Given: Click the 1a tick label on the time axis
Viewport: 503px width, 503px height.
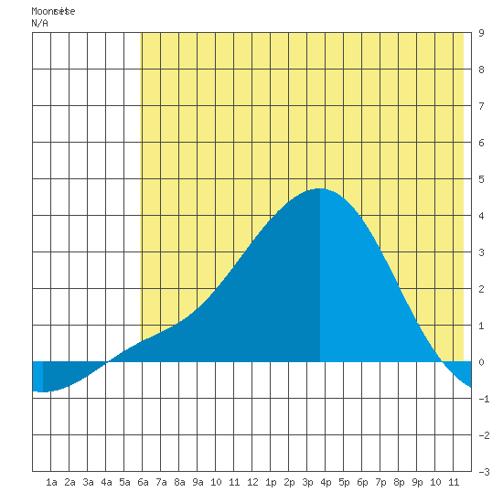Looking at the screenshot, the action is coord(51,482).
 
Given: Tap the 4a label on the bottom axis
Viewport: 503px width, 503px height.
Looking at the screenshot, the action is coord(106,482).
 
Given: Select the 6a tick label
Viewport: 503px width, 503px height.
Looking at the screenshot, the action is coord(143,482).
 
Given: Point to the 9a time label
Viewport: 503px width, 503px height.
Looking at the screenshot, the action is coord(198,482).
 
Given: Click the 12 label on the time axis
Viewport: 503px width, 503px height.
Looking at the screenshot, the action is coord(252,482).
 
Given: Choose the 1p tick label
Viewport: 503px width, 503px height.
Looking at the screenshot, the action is coord(271,482).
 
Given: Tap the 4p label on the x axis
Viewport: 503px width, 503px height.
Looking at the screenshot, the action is coord(326,482).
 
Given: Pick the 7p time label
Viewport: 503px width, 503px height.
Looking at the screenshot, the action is coord(380,482).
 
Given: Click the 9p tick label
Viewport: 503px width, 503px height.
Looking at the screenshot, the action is coord(417,482).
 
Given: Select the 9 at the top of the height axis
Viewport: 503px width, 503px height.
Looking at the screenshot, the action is coord(481,33).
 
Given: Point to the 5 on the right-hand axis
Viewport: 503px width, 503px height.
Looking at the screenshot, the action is coord(481,179).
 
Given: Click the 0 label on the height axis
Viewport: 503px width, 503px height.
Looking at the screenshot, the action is coord(481,362).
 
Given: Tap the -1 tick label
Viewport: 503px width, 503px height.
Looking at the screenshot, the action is coord(484,399).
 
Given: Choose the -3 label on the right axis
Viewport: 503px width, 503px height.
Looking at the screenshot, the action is coord(484,472).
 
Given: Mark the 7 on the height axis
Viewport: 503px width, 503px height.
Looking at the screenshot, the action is coord(481,106).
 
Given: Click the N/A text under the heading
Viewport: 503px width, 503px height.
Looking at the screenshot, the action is coord(39,23).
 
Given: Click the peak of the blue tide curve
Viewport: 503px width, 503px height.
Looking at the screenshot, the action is coord(320,188).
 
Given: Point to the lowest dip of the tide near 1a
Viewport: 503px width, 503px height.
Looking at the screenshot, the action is coord(42,391).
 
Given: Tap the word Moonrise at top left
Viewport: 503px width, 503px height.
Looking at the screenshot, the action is coord(53,11).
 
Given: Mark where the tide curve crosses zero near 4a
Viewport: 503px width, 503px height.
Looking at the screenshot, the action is coord(107,362).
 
